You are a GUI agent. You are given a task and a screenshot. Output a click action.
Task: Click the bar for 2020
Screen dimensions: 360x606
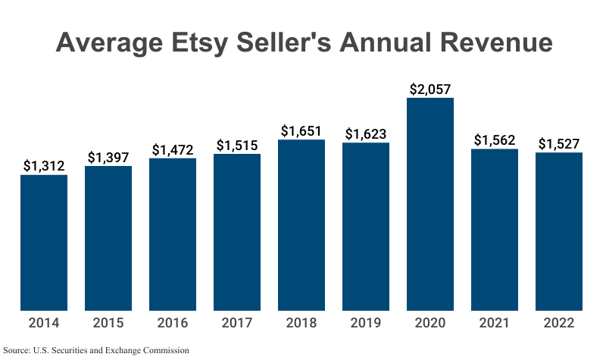430,205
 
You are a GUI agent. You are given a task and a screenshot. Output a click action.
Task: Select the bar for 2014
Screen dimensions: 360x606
44,243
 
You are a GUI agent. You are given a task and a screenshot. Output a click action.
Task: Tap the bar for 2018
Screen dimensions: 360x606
301,225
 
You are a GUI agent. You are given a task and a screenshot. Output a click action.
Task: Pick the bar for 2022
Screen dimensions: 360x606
559,231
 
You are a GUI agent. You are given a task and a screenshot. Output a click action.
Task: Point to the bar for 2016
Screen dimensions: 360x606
173,234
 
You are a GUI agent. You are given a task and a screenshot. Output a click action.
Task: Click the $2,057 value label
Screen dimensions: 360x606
430,89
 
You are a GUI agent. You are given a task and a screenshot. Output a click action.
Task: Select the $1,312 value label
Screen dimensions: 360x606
44,166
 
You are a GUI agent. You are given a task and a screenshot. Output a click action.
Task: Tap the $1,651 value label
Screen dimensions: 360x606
301,130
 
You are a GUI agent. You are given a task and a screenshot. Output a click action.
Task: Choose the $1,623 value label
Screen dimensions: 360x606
366,133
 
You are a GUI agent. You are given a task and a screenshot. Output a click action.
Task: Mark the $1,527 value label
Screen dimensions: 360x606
559,143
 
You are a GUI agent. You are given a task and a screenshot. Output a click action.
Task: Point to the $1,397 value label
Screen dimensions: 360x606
108,157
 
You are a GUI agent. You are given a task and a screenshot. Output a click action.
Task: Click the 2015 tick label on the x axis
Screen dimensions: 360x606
108,323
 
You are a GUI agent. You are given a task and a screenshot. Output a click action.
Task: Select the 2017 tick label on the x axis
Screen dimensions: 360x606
237,323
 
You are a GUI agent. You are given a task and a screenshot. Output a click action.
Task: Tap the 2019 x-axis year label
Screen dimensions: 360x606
366,323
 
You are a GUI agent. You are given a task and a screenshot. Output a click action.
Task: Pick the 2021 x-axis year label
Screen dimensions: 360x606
495,323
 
